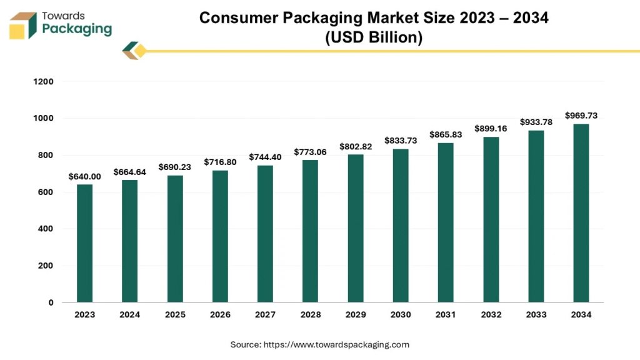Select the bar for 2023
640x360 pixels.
pyautogui.click(x=84, y=243)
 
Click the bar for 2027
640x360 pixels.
pyautogui.click(x=265, y=234)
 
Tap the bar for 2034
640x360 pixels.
pyautogui.click(x=581, y=213)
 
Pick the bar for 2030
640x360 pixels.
pyautogui.click(x=401, y=226)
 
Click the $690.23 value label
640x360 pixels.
pyautogui.click(x=175, y=167)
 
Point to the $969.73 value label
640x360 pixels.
pyautogui.click(x=581, y=116)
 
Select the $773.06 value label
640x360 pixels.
pyautogui.click(x=310, y=152)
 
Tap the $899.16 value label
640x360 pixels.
pyautogui.click(x=491, y=129)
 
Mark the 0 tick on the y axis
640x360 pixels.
pyautogui.click(x=50, y=302)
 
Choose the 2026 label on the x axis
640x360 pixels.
pyautogui.click(x=220, y=315)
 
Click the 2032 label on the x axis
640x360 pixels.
pyautogui.click(x=491, y=315)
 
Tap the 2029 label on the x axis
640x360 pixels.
pyautogui.click(x=356, y=315)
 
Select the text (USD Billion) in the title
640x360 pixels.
pyautogui.click(x=374, y=37)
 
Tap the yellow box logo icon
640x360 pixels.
pyautogui.click(x=23, y=25)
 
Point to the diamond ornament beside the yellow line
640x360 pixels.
pyautogui.click(x=134, y=51)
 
